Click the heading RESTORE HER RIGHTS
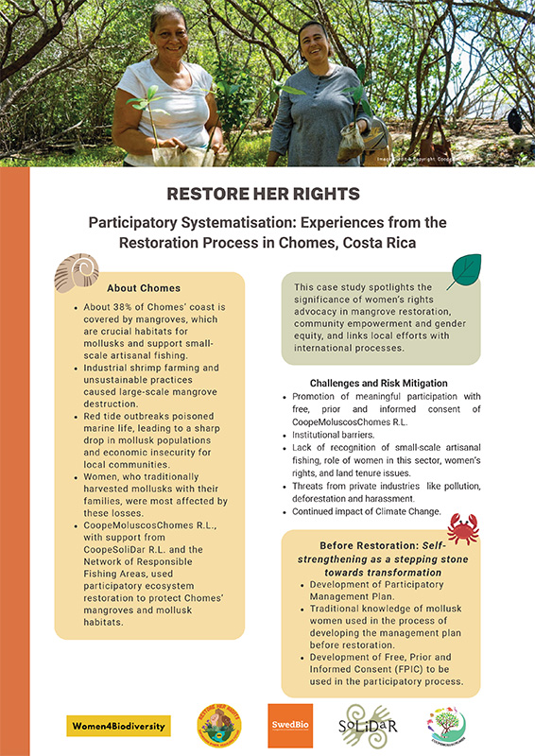267,194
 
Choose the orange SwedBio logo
290,726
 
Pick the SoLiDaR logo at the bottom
371,726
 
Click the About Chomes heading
144,287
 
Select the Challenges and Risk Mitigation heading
378,383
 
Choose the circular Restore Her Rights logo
218,726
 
